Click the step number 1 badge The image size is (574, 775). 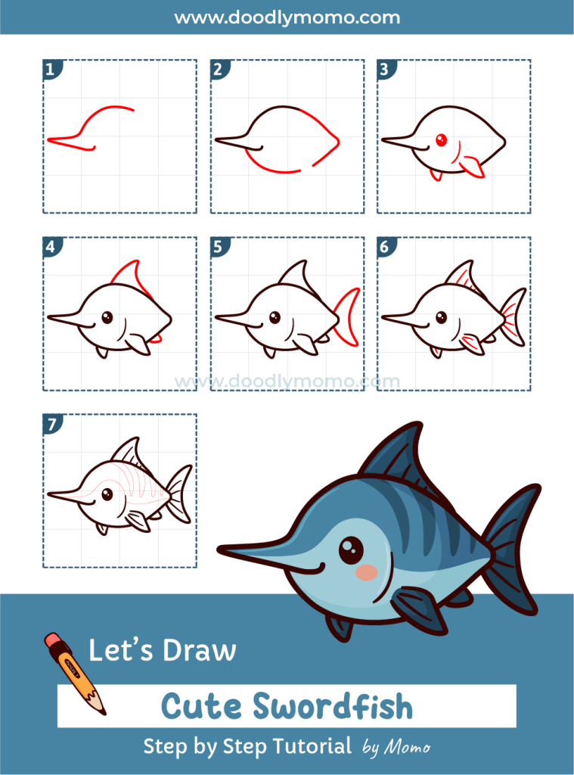51,70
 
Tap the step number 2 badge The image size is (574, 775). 218,70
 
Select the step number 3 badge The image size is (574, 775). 384,70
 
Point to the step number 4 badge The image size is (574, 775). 51,247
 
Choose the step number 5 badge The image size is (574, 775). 218,247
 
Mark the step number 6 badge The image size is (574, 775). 384,247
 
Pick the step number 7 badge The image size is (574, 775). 51,424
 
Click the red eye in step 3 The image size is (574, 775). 442,139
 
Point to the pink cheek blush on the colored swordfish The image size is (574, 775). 367,572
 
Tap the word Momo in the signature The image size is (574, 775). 408,748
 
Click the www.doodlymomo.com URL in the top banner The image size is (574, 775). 287,17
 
